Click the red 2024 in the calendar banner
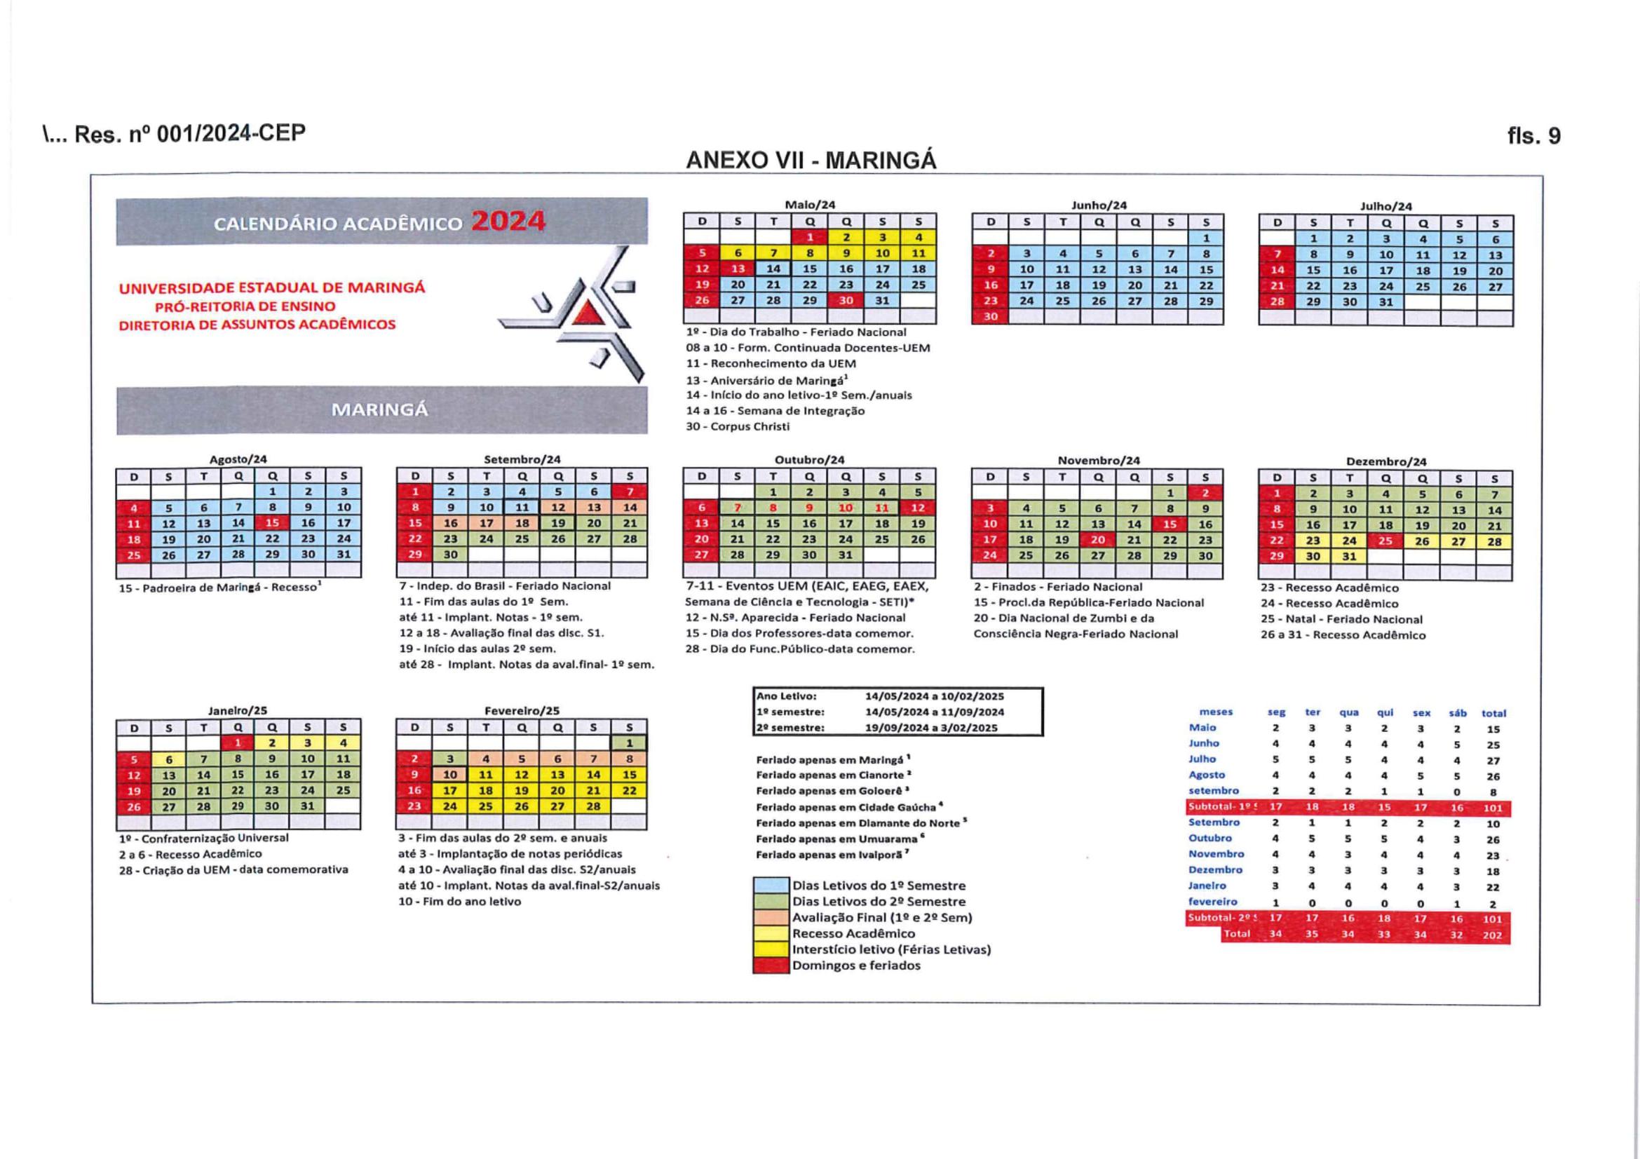coord(508,222)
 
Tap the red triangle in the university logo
coord(588,313)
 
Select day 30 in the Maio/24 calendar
coord(846,301)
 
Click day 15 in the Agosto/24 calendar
coord(272,523)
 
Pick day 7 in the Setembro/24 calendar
coord(629,492)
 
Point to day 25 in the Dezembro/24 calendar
coord(1385,541)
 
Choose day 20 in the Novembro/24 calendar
coord(1098,540)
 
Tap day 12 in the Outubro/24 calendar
coord(917,508)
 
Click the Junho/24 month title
coord(1099,205)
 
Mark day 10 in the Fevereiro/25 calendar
coord(450,775)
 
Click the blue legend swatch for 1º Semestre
coord(771,886)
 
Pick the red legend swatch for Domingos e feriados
coord(771,965)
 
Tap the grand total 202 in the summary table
coord(1492,935)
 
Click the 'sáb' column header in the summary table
coord(1457,712)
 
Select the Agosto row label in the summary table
coord(1207,775)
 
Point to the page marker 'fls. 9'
coord(1533,136)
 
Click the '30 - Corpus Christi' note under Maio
coord(738,426)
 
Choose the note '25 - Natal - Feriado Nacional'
coord(1341,619)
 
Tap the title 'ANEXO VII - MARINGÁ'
coord(811,161)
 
